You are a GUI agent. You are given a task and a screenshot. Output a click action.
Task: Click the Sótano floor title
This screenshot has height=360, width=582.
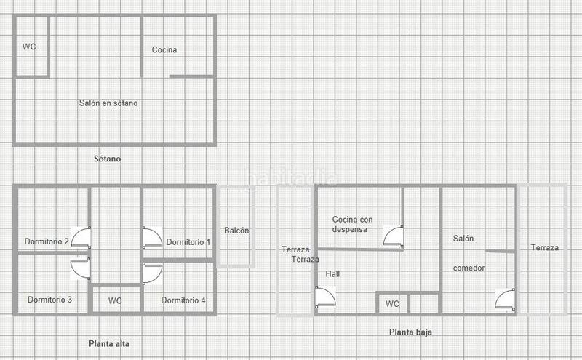point(107,159)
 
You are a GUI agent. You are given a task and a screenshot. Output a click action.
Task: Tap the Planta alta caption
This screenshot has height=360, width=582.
point(109,344)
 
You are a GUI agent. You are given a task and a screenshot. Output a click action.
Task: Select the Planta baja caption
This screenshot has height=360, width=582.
point(410,332)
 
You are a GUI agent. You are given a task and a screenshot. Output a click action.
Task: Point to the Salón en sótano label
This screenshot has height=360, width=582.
point(108,103)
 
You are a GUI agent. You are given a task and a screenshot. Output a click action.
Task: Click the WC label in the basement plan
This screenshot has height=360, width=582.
point(29,47)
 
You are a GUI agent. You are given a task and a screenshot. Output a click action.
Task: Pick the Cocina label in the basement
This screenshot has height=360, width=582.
point(164,49)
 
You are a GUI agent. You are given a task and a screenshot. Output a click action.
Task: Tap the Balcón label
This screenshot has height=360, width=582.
point(236,231)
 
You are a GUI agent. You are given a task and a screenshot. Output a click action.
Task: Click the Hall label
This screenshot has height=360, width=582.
point(332,274)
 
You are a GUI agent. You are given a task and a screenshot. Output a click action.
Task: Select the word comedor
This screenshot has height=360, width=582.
point(469,268)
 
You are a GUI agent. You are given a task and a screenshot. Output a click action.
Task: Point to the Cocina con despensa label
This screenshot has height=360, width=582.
point(352,225)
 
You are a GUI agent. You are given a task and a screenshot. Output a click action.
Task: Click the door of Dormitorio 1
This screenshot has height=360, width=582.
point(152,238)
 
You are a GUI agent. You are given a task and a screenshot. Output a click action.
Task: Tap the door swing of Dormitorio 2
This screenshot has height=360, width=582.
point(81,238)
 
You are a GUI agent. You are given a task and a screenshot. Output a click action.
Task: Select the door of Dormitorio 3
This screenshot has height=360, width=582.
point(81,268)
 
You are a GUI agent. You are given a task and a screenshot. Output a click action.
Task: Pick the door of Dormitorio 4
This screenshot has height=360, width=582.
point(153,273)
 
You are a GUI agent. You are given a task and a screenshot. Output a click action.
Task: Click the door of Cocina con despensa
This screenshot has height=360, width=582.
point(394,236)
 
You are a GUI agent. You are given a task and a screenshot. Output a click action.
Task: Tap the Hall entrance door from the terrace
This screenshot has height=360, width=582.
point(325,297)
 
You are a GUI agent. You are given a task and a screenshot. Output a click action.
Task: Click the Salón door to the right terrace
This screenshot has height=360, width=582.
point(505,299)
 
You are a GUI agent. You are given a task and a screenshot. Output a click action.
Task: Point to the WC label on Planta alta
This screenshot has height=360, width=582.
point(115,301)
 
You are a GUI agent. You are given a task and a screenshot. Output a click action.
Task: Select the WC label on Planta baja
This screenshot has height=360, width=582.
point(392,304)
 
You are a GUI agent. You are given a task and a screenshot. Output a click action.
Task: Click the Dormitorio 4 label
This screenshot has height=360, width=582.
point(183,300)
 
